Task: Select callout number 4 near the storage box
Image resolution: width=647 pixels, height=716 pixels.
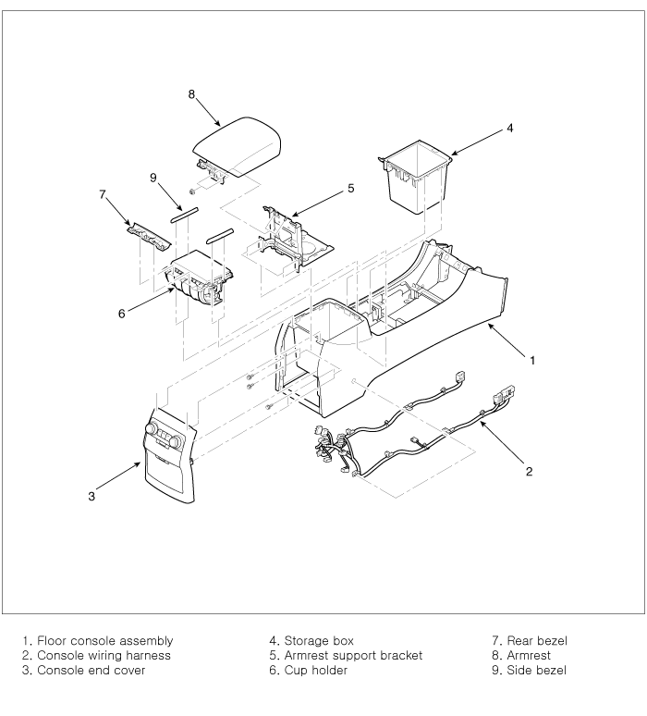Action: (509, 129)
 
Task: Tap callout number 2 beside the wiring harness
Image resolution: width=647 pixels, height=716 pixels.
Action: (529, 472)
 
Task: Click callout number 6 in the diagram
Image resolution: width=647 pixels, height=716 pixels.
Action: (121, 314)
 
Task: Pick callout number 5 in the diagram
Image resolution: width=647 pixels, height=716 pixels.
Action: (350, 188)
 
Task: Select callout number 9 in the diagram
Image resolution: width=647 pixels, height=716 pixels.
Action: (153, 178)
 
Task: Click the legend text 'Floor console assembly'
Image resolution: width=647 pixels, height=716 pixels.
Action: (104, 640)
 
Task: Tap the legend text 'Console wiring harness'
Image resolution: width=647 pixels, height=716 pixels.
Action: (104, 655)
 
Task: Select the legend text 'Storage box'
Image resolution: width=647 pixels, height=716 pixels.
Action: (319, 640)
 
